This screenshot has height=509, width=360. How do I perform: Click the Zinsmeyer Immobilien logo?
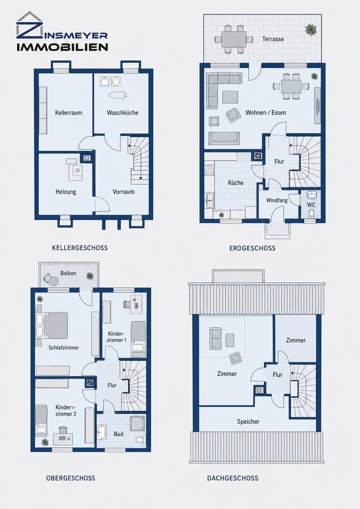coord(62,31)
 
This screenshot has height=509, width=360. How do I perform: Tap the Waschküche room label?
coord(123,113)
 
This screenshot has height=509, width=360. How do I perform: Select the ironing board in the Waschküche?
coord(118,95)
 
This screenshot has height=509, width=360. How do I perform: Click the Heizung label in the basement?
coord(66,192)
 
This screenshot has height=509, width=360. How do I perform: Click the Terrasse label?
coord(273,39)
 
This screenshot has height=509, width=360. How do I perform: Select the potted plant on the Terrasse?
coord(311,29)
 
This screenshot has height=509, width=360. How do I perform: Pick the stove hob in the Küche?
coord(209,170)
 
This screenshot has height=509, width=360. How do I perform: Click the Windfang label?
coord(277,200)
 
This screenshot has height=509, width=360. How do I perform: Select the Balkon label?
coord(68,273)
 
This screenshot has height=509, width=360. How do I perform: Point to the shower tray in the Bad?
coord(138,423)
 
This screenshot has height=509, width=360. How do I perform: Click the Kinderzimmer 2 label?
coord(66,410)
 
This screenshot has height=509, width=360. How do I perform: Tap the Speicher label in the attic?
coord(248,422)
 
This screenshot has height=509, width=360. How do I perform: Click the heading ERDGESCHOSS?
coord(252,248)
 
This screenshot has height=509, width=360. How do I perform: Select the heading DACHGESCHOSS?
coord(233,478)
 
